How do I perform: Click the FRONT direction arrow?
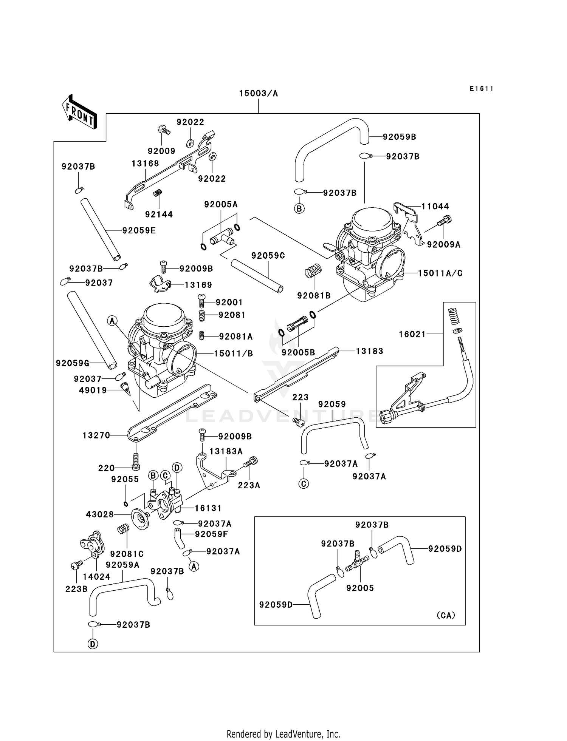80,112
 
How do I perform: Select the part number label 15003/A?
258,94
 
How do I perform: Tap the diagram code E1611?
482,89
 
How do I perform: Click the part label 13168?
145,164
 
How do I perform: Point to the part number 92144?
159,215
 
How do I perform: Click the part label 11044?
435,206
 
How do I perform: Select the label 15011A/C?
440,273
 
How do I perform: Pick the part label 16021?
412,334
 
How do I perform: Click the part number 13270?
96,435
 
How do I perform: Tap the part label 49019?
93,391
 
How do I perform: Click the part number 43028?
100,514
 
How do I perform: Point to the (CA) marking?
446,615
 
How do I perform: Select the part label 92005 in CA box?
360,588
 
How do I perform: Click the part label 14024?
96,577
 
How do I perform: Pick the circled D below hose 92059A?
93,644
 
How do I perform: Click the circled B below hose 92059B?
299,208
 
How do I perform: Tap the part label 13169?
198,285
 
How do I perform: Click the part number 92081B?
314,296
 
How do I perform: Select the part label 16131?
208,508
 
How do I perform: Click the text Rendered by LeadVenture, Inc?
283,734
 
